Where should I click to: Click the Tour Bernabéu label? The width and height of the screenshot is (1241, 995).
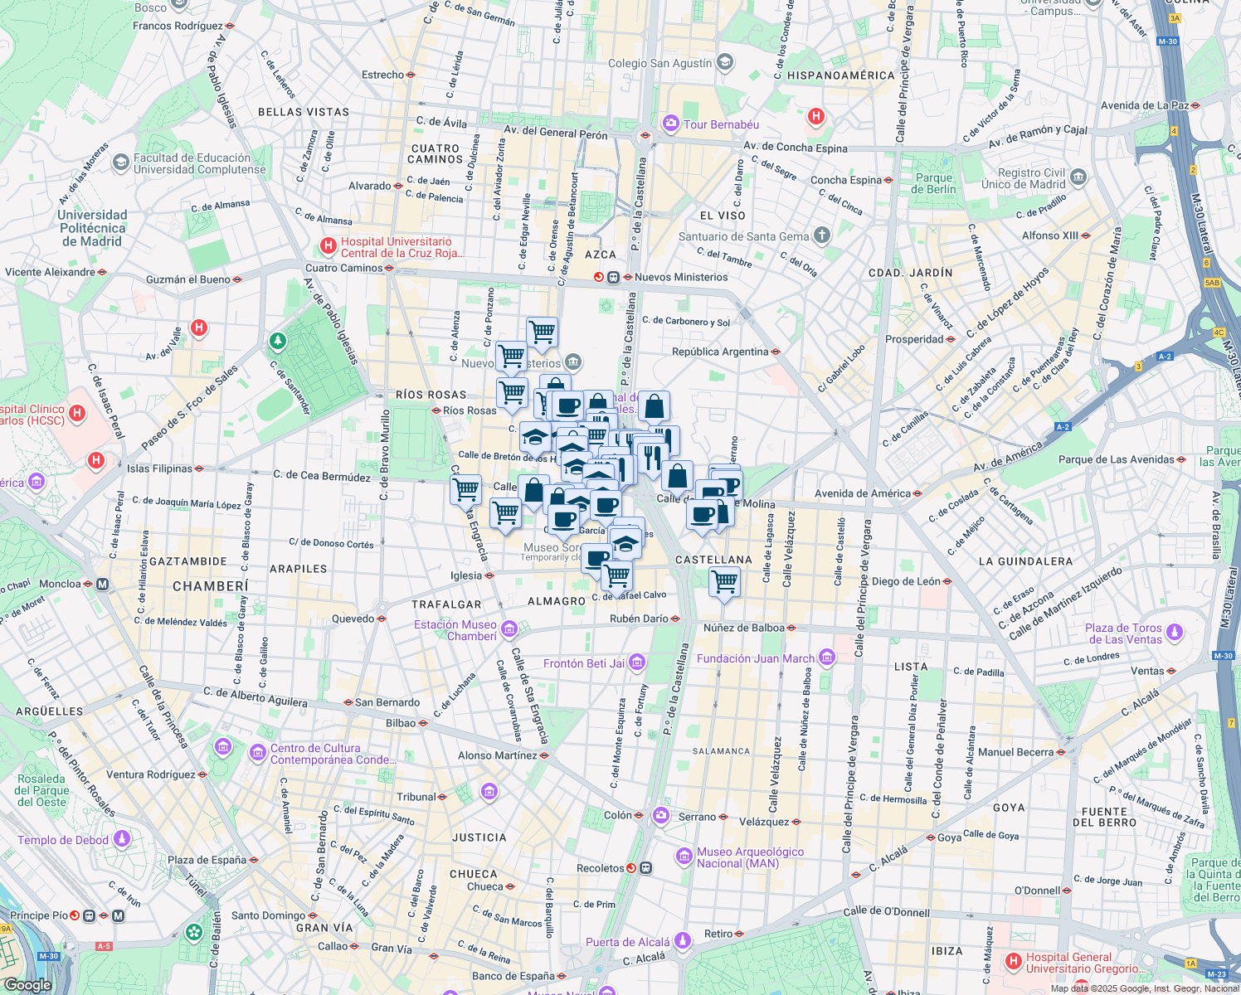(720, 124)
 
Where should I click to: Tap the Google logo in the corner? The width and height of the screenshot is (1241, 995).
(27, 985)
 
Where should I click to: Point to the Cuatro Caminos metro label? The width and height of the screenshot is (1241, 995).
(343, 268)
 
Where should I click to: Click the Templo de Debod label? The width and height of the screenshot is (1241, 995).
(63, 840)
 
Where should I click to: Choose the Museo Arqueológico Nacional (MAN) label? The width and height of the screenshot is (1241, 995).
(750, 857)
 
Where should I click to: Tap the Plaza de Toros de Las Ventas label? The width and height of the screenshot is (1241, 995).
(1123, 633)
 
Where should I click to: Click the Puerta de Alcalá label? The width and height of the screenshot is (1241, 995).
(627, 942)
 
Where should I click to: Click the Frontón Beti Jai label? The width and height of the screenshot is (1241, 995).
(584, 663)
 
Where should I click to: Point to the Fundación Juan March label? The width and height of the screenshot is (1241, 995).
(756, 658)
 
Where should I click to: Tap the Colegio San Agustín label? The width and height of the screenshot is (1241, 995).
(659, 63)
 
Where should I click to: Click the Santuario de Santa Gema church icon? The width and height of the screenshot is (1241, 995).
(821, 235)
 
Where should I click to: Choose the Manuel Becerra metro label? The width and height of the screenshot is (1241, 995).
(1015, 752)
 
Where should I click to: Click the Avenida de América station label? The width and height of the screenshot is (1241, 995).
(863, 493)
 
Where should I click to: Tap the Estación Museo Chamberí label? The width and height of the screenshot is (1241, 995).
(455, 630)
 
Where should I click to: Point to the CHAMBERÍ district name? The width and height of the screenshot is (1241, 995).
(210, 586)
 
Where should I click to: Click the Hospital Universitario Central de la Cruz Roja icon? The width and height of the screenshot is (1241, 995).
(328, 246)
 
